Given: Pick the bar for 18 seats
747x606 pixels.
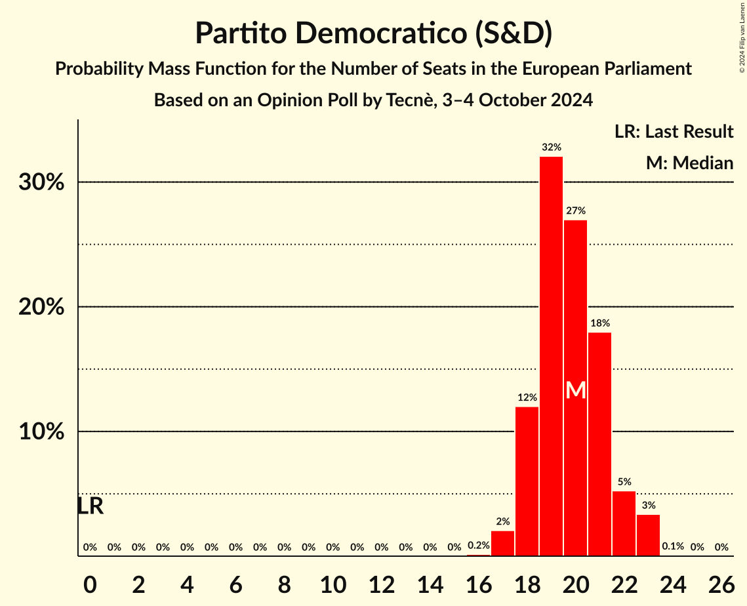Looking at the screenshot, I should [527, 481].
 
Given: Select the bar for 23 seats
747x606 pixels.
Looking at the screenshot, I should [648, 535].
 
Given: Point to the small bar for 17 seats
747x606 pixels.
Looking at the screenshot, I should [502, 544].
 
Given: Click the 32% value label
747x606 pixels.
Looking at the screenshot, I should [551, 148].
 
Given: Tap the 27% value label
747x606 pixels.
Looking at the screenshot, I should [575, 211].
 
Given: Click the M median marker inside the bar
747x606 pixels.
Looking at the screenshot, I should [575, 390].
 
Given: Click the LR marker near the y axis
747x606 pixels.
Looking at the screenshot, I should [90, 506].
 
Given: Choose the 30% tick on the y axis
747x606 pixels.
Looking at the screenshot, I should [41, 182].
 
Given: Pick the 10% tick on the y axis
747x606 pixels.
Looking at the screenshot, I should [41, 432].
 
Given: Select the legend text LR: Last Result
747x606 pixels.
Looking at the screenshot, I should [674, 132].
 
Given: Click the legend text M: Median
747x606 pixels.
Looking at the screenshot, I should [689, 163].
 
